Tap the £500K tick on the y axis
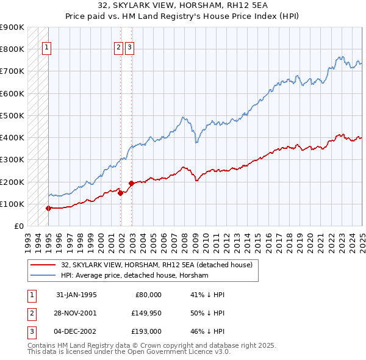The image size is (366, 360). pos(13,115)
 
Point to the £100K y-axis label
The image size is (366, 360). pos(13,204)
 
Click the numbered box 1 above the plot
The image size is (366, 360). pos(46,49)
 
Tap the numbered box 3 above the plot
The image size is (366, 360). pos(131,49)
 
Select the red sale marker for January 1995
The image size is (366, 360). pos(48,208)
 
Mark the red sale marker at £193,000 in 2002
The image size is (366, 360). pos(131,183)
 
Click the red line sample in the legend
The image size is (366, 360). pos(43,265)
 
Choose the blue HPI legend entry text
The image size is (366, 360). pos(134,276)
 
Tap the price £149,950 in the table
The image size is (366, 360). pos(145,313)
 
